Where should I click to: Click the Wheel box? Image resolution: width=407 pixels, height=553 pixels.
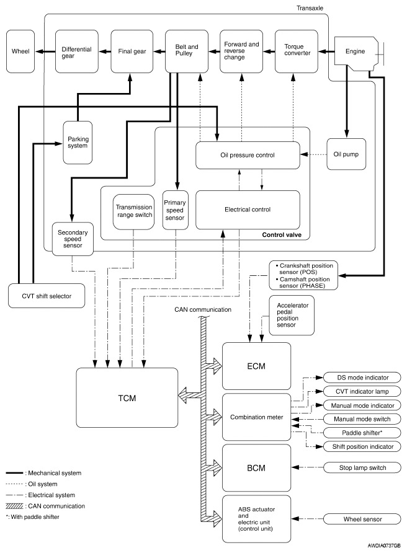point(20,51)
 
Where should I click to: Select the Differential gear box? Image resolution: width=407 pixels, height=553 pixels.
point(76,51)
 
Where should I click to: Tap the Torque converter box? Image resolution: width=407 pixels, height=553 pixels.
point(296,51)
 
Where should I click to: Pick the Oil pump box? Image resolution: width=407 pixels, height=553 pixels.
point(346,154)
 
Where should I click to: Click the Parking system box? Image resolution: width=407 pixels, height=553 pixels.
point(78,143)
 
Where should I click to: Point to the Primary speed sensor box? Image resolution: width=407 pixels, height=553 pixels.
point(175,210)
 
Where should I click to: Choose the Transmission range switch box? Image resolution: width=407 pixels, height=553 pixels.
point(134,211)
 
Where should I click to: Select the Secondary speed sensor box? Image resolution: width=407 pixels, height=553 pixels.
point(73,239)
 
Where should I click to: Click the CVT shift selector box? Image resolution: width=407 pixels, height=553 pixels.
point(47,296)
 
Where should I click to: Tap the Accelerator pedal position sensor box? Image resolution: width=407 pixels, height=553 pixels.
point(292,316)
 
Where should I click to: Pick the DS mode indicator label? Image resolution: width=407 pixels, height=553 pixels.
point(362,378)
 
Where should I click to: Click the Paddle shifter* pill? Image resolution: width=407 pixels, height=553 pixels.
point(362,433)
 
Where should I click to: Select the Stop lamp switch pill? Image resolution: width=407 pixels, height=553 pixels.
point(362,467)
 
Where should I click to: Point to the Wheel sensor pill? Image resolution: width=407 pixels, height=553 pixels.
point(362,519)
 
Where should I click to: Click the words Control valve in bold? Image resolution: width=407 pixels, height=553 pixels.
point(282,235)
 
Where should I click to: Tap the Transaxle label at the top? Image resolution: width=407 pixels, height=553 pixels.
point(310,8)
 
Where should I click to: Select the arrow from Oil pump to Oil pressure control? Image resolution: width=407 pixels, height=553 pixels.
point(313,154)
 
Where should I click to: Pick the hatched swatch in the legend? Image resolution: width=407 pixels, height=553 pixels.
point(14,506)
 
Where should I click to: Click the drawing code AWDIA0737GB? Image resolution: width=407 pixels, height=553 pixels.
point(384,546)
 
